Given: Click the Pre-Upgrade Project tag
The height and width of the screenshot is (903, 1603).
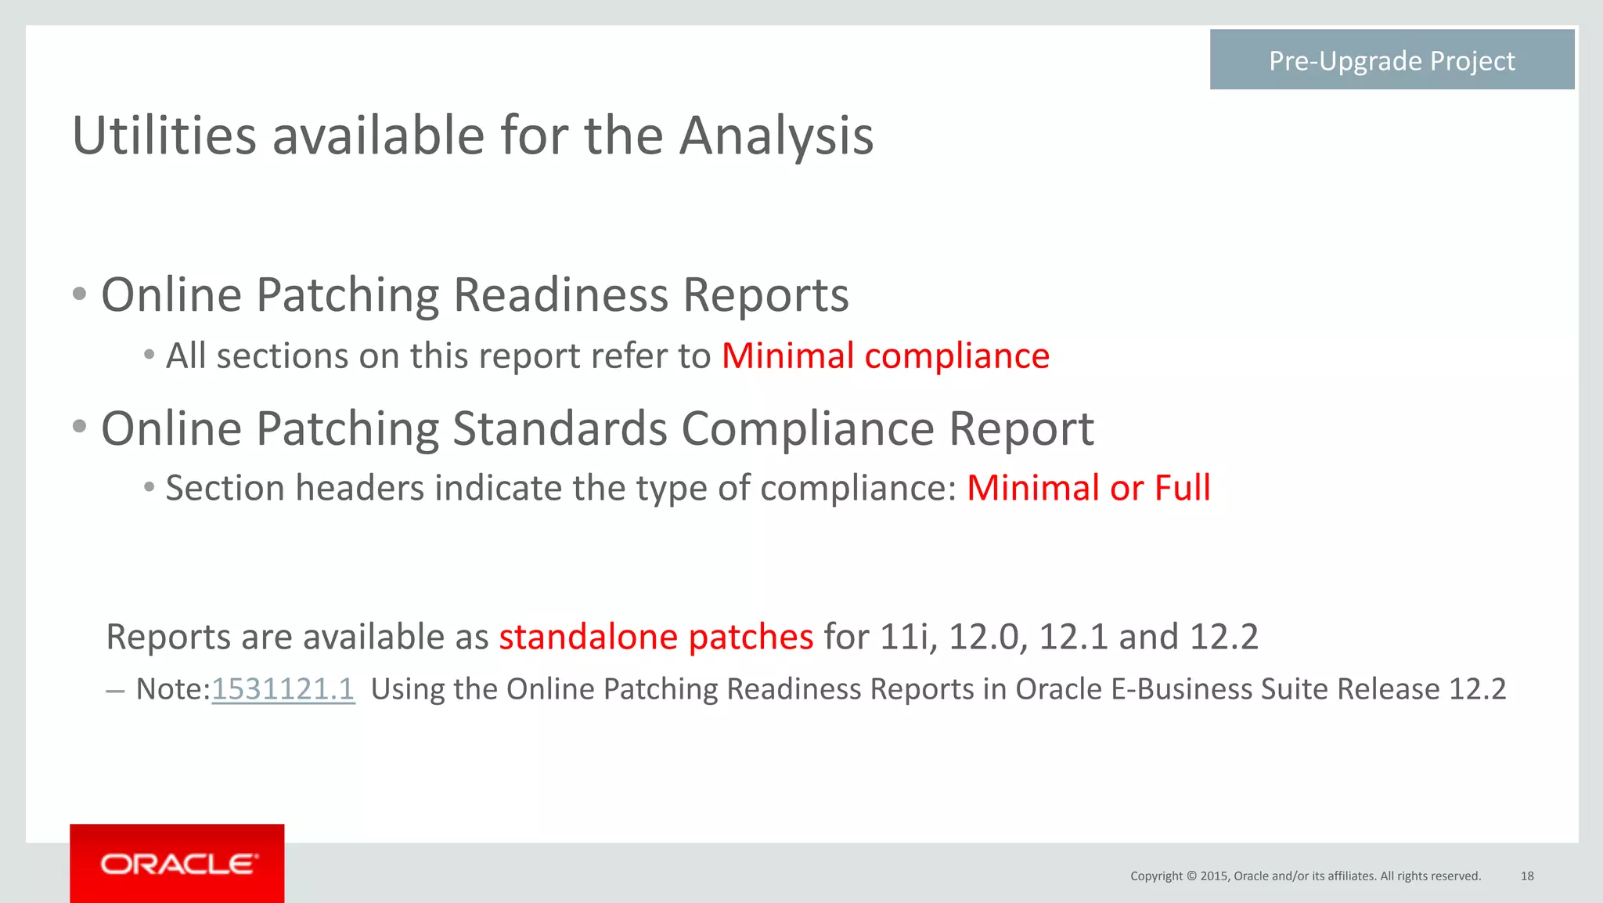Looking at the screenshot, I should pos(1392,60).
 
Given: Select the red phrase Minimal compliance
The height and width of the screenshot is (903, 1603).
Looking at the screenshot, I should pos(885,356).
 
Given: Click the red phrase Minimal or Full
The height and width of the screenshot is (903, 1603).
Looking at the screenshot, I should pos(1089,488).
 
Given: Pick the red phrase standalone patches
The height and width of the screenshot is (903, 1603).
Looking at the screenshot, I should pos(656,637).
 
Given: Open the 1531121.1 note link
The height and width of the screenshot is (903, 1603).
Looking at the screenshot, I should pos(283,689).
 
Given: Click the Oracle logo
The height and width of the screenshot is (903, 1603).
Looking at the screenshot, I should pos(178,864).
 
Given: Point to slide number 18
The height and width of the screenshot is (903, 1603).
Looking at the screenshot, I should pos(1527,876).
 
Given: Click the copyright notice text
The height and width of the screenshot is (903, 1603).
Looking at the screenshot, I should pos(1306,876).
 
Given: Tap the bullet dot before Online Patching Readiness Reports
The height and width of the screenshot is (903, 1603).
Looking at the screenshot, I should pos(79,295).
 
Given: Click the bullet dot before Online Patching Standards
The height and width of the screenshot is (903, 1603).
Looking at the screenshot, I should pos(79,428).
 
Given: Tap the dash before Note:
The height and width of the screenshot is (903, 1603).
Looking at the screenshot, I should pos(114,691).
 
